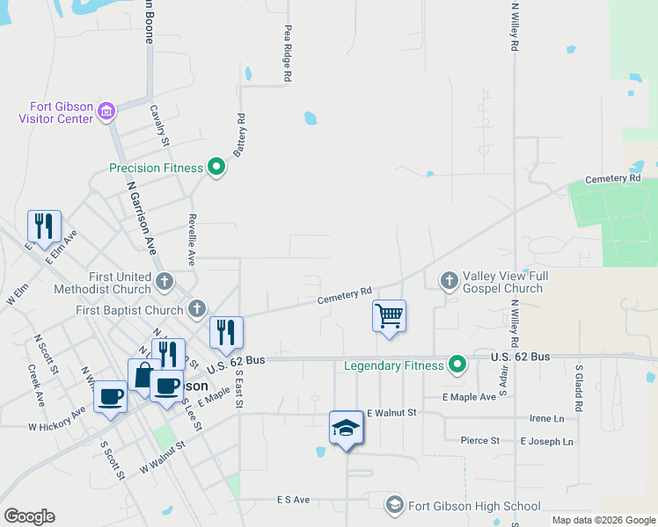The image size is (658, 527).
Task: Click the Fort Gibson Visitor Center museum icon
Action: [106, 111]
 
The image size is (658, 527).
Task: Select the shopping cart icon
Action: [389, 315]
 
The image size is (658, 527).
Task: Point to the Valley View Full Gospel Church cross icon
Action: [449, 281]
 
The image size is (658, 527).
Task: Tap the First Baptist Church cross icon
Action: [196, 309]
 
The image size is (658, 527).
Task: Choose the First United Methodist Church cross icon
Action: [164, 282]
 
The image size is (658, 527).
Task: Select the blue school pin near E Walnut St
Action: [346, 428]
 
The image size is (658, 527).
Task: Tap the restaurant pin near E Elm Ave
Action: [44, 226]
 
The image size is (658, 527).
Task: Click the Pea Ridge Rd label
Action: [288, 53]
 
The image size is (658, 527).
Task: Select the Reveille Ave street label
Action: [191, 238]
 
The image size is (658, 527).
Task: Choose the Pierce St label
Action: [480, 440]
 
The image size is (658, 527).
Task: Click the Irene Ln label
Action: [547, 419]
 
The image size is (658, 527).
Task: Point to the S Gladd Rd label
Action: [579, 389]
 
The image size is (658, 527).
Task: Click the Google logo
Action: [29, 516]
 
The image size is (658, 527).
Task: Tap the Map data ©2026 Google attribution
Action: [603, 520]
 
